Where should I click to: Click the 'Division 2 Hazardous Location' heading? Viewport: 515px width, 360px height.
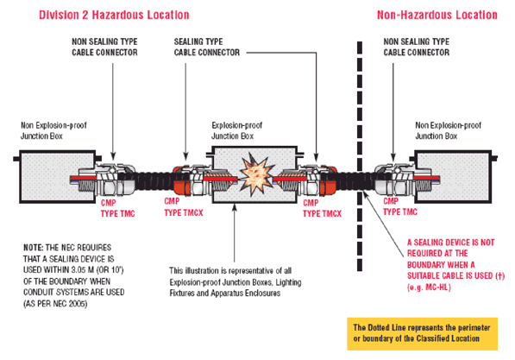(x=114, y=15)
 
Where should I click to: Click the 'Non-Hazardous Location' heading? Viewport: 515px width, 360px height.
(x=436, y=15)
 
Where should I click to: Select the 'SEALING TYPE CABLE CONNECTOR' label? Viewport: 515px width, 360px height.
(x=207, y=47)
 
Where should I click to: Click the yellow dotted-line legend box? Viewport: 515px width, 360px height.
(x=423, y=333)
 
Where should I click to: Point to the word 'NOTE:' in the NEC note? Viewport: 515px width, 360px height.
(x=33, y=248)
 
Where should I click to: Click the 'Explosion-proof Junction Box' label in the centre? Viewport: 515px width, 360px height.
(x=237, y=130)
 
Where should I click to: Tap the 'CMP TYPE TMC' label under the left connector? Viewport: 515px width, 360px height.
(x=117, y=208)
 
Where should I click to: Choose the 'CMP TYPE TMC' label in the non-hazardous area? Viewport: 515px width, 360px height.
(x=400, y=206)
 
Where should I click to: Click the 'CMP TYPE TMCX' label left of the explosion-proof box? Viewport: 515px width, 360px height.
(x=184, y=207)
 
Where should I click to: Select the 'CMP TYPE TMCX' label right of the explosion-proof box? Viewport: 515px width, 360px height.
(x=322, y=208)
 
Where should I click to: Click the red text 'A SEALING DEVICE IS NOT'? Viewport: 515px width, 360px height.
(x=450, y=243)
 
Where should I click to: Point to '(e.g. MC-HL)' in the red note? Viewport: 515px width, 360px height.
(x=429, y=287)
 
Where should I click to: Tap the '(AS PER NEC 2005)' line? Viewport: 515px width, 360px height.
(x=55, y=304)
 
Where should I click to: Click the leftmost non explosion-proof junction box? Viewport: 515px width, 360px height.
(x=58, y=177)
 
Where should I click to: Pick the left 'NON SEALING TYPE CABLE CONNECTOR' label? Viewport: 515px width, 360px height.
(x=104, y=47)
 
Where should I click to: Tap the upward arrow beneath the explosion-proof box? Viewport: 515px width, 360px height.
(x=234, y=233)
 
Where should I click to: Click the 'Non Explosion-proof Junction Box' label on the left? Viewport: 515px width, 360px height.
(x=53, y=130)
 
